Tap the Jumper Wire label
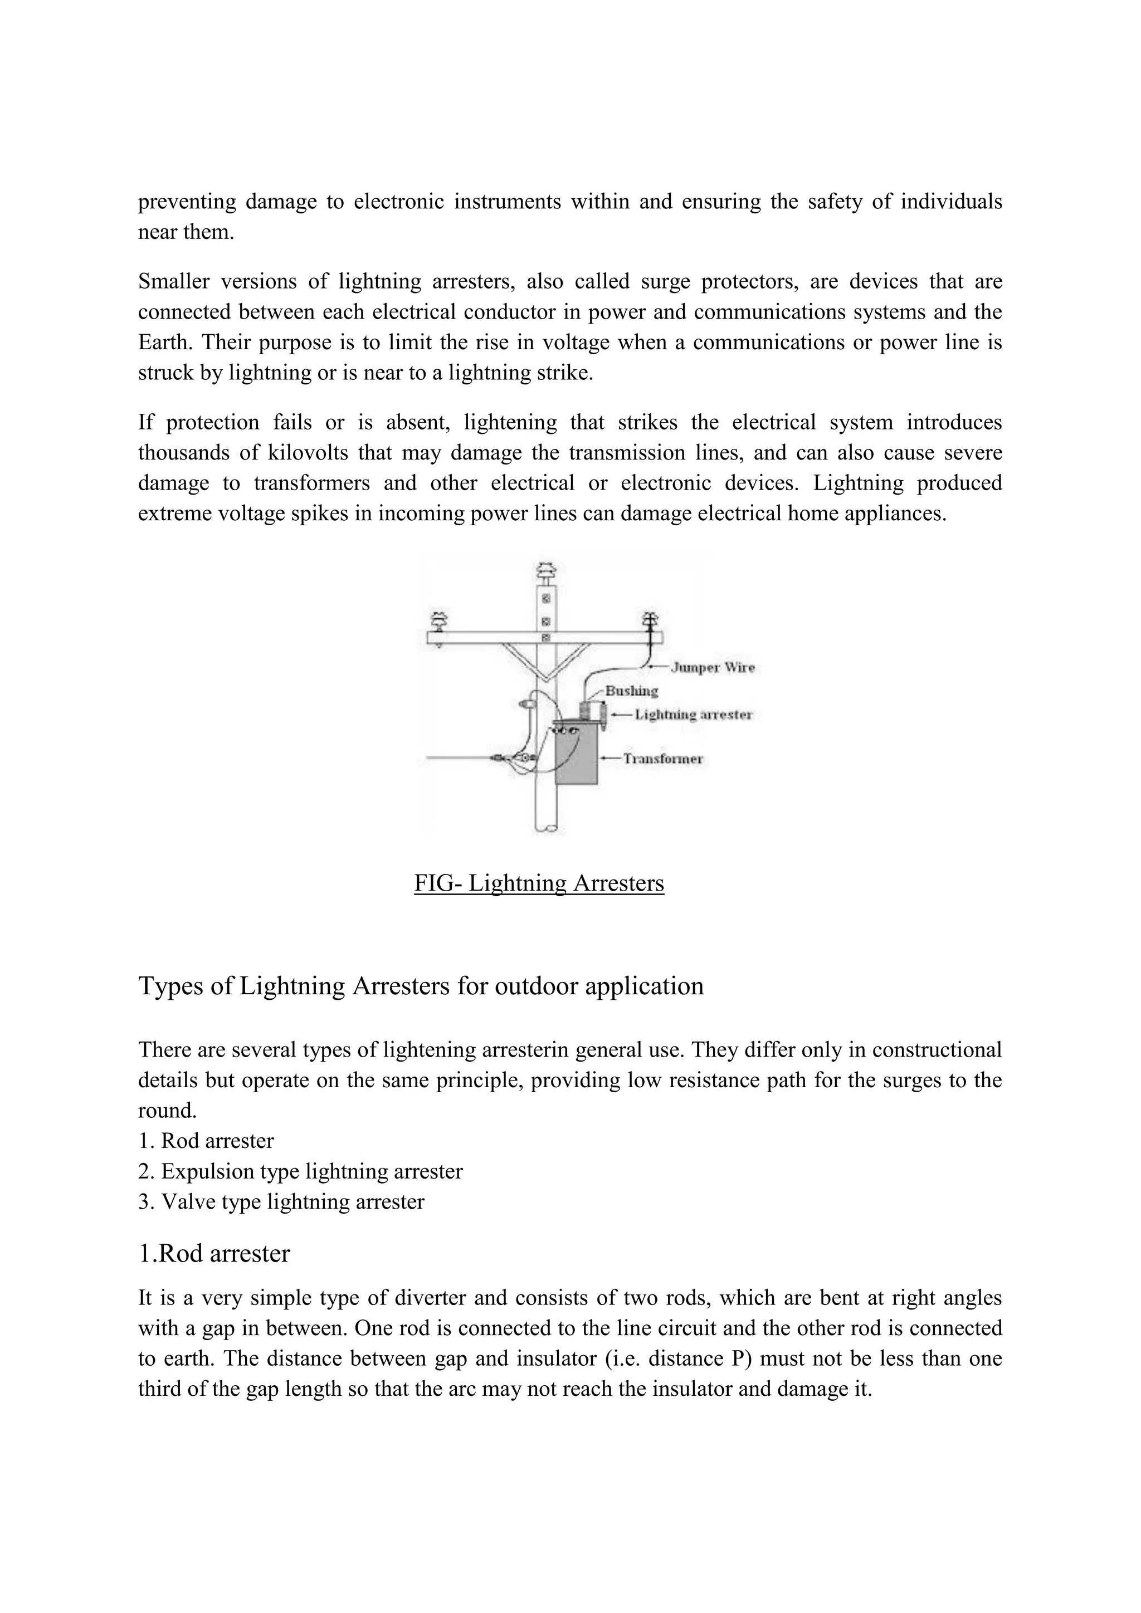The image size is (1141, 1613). tap(713, 667)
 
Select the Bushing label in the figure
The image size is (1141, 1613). tap(632, 691)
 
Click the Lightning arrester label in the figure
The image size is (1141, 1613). tap(694, 715)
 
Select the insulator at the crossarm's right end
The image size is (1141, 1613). tap(651, 620)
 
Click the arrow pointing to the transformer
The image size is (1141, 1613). tap(611, 759)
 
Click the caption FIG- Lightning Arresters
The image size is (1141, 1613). tap(539, 883)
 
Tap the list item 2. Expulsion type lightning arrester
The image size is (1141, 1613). tap(301, 1171)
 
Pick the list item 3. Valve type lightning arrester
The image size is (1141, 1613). tap(282, 1201)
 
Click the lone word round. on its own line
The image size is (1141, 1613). tap(167, 1111)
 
